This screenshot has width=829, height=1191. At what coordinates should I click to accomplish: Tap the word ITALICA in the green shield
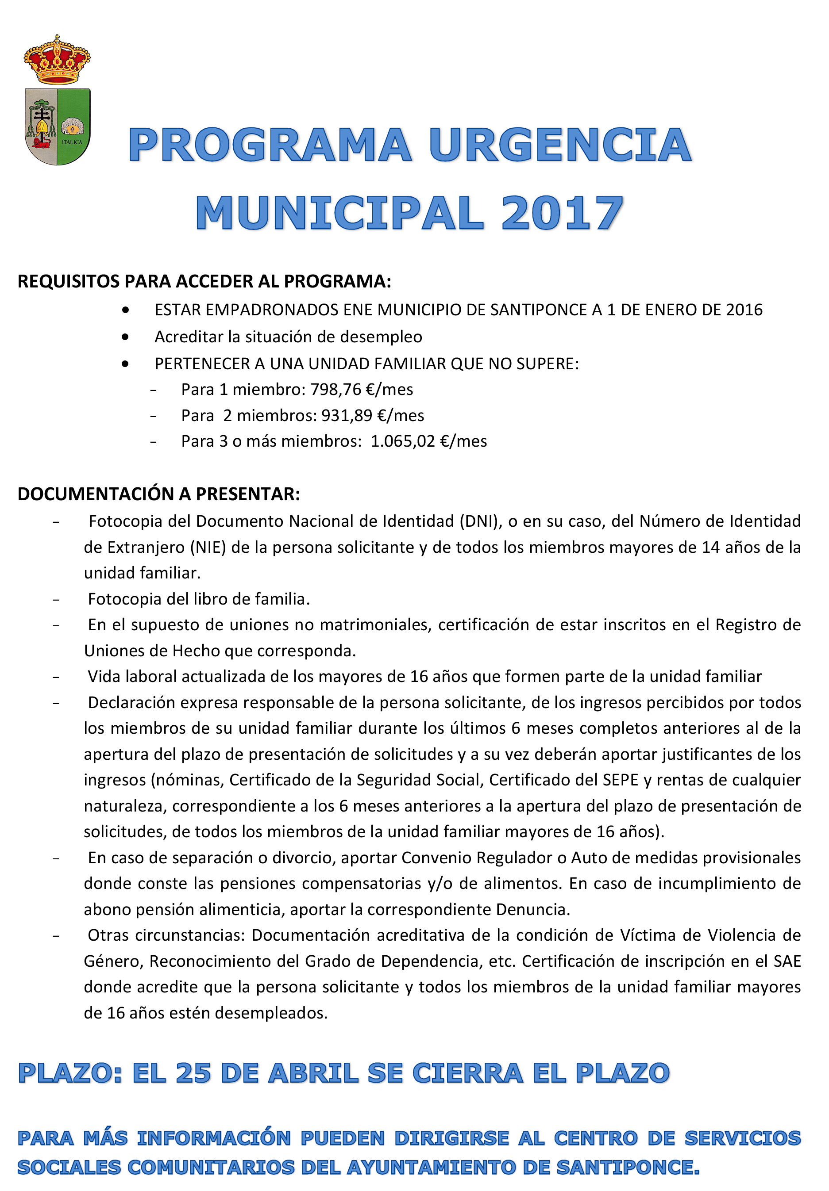[x=72, y=142]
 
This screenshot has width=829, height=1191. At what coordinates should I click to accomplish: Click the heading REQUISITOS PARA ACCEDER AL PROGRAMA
[x=204, y=281]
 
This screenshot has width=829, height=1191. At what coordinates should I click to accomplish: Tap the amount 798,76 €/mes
[x=361, y=389]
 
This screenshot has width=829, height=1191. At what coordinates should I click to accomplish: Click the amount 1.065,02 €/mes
[x=429, y=441]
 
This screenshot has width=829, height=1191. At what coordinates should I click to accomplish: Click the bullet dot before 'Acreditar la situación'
[x=125, y=337]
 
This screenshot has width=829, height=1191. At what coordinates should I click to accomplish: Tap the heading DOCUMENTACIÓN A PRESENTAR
[x=159, y=494]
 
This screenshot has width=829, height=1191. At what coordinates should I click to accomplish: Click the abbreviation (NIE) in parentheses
[x=208, y=547]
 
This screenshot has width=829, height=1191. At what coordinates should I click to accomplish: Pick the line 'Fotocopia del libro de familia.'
[x=199, y=599]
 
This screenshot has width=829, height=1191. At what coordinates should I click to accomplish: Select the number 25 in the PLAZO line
[x=193, y=1073]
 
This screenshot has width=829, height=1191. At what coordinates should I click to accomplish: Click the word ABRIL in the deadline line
[x=313, y=1073]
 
